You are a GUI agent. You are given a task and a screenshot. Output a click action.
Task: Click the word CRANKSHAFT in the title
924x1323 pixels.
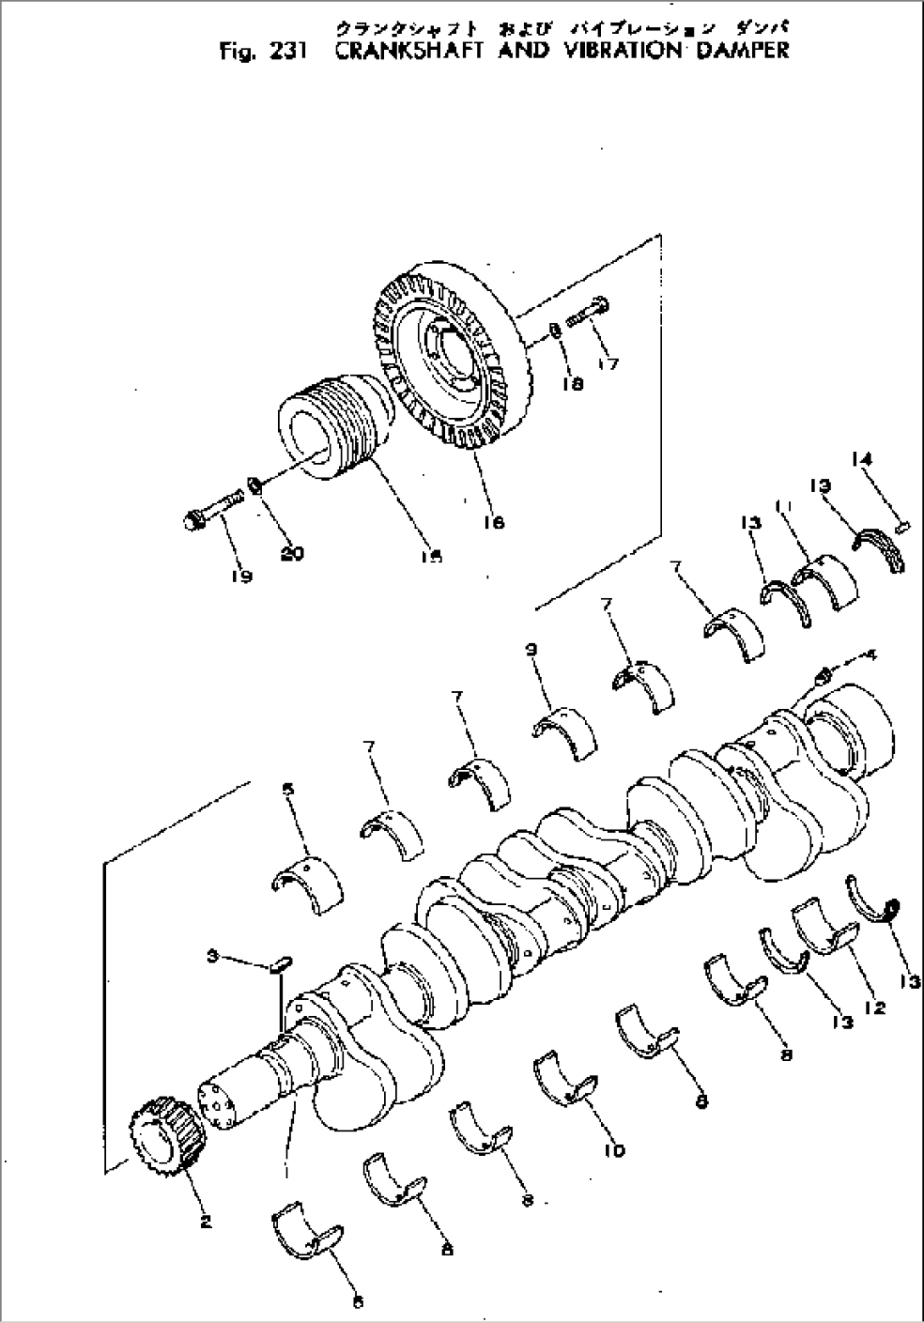(406, 50)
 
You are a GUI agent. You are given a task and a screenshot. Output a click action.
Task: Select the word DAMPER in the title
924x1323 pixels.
(742, 50)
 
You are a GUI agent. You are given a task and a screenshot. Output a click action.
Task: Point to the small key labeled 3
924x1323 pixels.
(282, 963)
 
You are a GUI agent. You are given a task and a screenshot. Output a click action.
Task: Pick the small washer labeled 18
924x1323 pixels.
(551, 329)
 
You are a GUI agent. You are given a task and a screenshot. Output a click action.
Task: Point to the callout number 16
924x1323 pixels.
(493, 522)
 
